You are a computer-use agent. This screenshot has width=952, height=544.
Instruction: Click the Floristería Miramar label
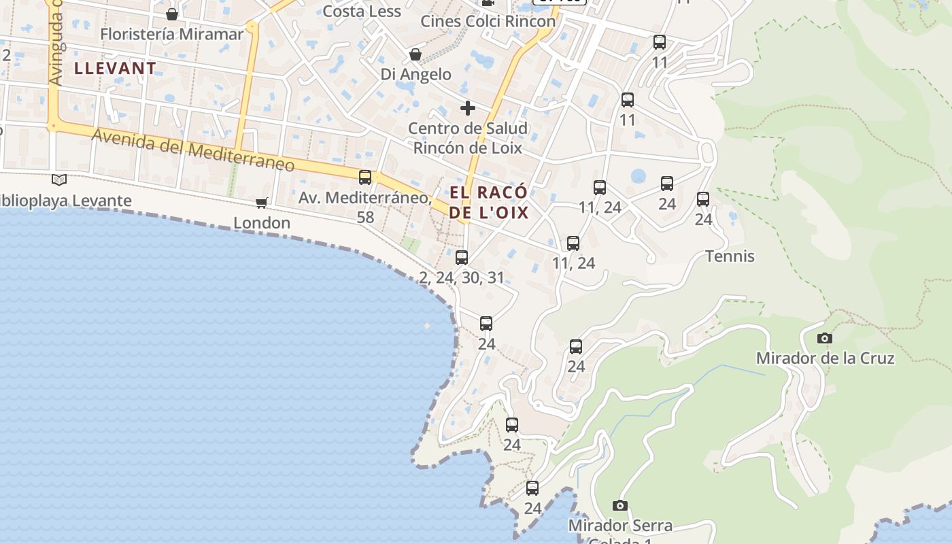point(171,34)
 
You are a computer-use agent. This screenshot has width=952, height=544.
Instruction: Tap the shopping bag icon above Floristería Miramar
point(172,14)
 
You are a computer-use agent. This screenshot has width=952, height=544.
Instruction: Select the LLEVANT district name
point(115,68)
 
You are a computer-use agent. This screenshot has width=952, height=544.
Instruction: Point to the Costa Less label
point(362,11)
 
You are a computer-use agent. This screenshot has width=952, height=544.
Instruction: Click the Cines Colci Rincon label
point(488,21)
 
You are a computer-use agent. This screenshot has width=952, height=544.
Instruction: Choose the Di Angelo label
point(415,74)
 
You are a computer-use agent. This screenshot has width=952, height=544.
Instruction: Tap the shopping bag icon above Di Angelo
point(415,54)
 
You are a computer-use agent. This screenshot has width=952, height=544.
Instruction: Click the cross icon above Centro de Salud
point(467,107)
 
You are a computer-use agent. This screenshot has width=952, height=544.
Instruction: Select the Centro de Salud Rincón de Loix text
point(468,138)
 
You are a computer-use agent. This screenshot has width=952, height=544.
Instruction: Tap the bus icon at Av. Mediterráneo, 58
point(365,177)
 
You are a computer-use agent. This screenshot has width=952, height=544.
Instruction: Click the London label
point(262,222)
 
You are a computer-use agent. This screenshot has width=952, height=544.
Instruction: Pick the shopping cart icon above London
point(262,203)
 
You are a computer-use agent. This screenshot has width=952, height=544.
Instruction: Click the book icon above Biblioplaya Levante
point(60,180)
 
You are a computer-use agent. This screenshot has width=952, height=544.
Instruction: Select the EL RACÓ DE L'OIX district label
point(489,202)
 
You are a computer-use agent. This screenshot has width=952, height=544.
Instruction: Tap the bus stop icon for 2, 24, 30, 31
point(462,257)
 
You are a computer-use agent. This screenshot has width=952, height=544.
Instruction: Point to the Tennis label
point(730,256)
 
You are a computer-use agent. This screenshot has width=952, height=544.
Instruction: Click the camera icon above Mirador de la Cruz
point(824,338)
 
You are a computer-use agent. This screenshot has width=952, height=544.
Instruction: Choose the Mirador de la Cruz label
point(825,358)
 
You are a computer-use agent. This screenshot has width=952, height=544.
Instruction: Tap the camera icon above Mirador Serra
point(619,505)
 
